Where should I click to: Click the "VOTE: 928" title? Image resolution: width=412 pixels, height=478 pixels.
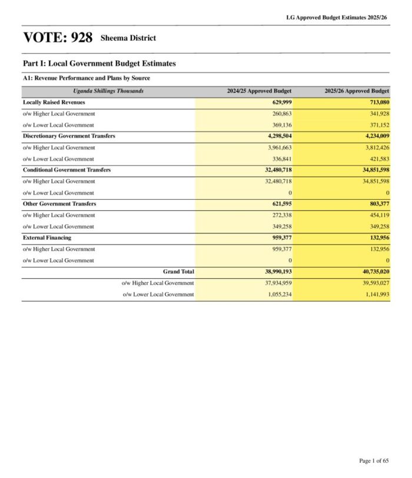tap(58, 38)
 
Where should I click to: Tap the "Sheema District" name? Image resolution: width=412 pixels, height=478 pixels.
tap(128, 38)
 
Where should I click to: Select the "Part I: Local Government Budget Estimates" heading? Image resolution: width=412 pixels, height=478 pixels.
tap(99, 64)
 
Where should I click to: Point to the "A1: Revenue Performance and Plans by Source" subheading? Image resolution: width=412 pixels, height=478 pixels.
tap(87, 78)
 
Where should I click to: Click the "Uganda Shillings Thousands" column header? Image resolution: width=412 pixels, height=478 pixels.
tap(108, 91)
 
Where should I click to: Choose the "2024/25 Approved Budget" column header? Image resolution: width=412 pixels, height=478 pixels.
tap(260, 91)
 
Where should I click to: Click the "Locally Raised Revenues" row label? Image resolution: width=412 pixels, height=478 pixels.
tap(54, 103)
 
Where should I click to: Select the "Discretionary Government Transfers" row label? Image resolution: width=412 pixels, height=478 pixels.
tap(69, 136)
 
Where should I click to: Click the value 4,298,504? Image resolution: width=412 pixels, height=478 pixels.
tap(276, 136)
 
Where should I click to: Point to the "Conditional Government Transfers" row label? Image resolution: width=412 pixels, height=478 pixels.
tap(67, 170)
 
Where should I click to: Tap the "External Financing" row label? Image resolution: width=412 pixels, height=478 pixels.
tap(47, 238)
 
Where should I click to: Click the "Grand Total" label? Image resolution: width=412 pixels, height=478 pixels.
tap(178, 272)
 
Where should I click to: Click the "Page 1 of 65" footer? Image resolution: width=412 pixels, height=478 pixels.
tap(374, 460)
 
